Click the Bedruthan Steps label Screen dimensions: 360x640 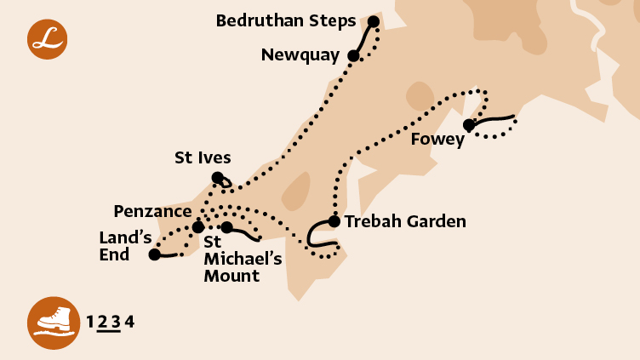(x=286, y=20)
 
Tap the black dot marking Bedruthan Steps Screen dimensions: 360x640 (x=374, y=21)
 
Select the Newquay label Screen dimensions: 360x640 (x=300, y=56)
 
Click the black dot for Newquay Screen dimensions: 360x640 (x=353, y=56)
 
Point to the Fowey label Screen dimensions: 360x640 (x=437, y=140)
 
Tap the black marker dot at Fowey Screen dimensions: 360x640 (x=469, y=125)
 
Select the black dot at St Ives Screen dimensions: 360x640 (x=218, y=178)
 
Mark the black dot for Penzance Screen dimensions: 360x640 (x=197, y=227)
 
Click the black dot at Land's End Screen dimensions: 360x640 (x=154, y=254)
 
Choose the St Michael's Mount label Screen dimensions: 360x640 (x=231, y=259)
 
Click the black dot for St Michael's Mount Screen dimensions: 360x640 (x=226, y=227)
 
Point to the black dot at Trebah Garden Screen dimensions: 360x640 (x=334, y=221)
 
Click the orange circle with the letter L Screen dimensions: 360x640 (x=47, y=38)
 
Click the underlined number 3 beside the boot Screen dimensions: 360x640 (x=116, y=322)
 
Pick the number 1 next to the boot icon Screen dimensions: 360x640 (x=90, y=322)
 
